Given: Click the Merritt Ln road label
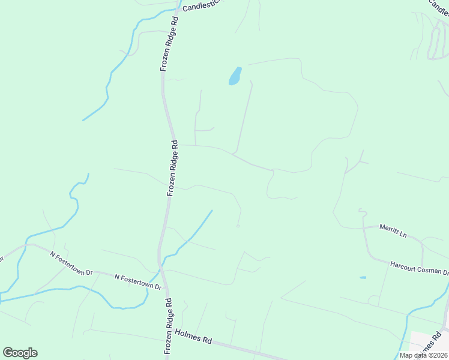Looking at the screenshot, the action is [393, 230].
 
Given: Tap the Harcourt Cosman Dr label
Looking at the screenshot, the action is [419, 268].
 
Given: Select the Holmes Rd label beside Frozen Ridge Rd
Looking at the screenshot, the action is [193, 336].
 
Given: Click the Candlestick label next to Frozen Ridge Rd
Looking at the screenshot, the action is [202, 5].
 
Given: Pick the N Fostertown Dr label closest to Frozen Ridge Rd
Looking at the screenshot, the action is [138, 282].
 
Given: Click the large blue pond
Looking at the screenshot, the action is [235, 76].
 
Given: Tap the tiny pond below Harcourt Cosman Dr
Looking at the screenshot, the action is [363, 278].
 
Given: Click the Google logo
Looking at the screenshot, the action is [20, 353].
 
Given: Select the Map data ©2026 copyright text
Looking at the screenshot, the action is [424, 355].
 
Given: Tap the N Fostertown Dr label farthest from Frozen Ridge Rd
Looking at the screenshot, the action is [71, 263].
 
